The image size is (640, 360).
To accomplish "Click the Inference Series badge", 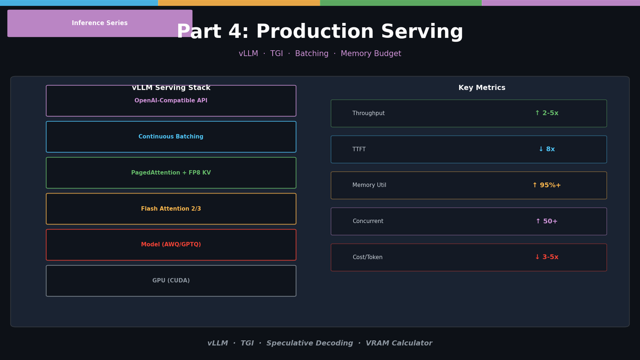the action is (100, 23).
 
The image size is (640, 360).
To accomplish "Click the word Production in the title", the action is (315, 31).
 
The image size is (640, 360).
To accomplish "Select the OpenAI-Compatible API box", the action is (171, 101).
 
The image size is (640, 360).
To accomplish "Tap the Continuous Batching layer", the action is (171, 137).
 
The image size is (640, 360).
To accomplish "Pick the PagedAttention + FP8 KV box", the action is (171, 173).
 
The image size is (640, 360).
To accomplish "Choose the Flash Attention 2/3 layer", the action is (171, 209).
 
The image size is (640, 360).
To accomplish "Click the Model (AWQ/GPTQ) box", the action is (171, 245).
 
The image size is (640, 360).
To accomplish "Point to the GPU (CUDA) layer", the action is (171, 281).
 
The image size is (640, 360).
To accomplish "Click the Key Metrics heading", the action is (482, 87).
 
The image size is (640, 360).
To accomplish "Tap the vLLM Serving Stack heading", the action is (171, 87).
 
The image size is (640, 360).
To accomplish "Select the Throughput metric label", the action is (369, 113).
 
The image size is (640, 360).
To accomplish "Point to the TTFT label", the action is (359, 149).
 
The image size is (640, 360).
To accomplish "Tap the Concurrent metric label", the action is (367, 221).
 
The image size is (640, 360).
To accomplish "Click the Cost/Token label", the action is (367, 257).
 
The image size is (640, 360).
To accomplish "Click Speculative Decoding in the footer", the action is (309, 343).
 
